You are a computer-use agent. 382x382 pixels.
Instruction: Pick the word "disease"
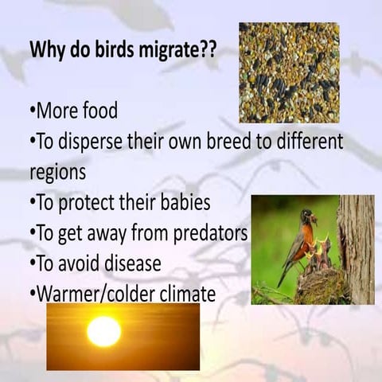(140, 263)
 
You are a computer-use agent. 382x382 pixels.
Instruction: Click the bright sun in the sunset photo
(103, 331)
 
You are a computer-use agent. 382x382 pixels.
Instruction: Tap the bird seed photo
(289, 72)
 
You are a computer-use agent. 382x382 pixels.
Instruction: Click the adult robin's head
(306, 216)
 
